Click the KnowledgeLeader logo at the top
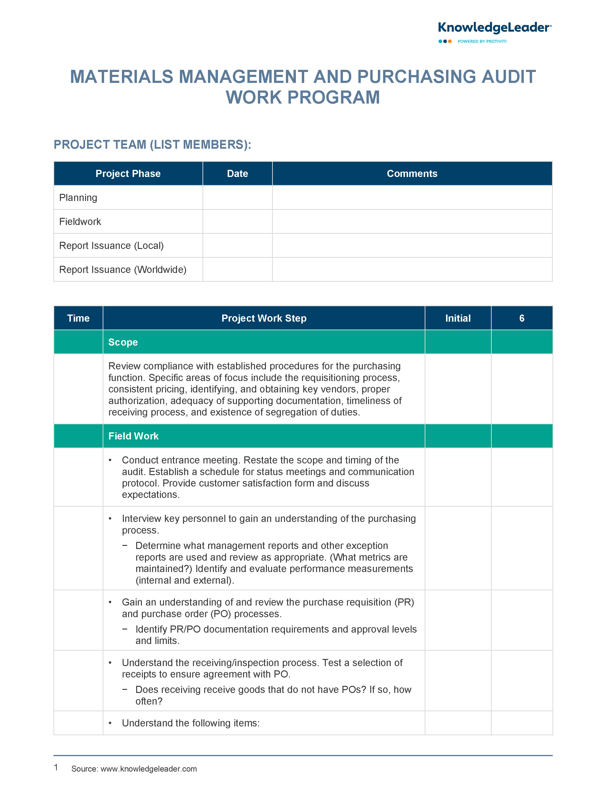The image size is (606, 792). tap(494, 28)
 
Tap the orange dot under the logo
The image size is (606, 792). tap(450, 42)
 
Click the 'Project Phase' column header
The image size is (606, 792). tap(128, 173)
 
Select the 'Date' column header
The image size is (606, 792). tap(237, 173)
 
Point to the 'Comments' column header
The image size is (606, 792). tap(412, 173)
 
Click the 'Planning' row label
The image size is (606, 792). tap(78, 198)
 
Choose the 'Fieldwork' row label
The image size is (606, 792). tap(80, 221)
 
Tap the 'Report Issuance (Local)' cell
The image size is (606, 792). tap(111, 245)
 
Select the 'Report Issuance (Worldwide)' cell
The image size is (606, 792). tap(123, 269)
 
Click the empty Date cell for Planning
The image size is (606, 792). tap(237, 198)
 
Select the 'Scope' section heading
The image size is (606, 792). tap(123, 342)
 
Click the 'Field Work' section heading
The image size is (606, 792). tap(134, 436)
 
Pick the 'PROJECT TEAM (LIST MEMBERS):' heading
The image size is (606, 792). tap(152, 145)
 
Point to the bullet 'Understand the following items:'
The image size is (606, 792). tap(190, 723)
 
